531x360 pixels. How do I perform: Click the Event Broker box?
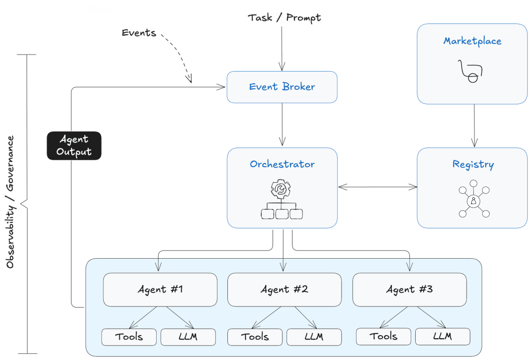pyautogui.click(x=282, y=87)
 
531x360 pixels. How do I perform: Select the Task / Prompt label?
pyautogui.click(x=284, y=18)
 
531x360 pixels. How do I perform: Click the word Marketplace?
pyautogui.click(x=472, y=41)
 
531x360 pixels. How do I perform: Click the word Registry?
pyautogui.click(x=473, y=165)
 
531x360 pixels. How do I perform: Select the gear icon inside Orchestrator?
pyautogui.click(x=282, y=189)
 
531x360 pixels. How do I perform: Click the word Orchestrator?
pyautogui.click(x=282, y=164)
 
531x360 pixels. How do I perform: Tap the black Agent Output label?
pyautogui.click(x=74, y=145)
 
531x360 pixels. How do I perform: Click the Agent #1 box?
pyautogui.click(x=160, y=289)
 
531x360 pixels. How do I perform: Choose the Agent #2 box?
pyautogui.click(x=284, y=289)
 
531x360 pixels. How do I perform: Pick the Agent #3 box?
pyautogui.click(x=409, y=289)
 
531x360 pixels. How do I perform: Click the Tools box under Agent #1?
pyautogui.click(x=129, y=337)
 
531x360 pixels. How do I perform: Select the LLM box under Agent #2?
pyautogui.click(x=314, y=337)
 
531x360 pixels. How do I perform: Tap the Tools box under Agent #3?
pyautogui.click(x=384, y=336)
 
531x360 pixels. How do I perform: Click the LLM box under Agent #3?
pyautogui.click(x=442, y=336)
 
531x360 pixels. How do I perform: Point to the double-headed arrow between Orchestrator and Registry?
pyautogui.click(x=377, y=186)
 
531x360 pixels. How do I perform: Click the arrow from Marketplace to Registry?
pyautogui.click(x=473, y=125)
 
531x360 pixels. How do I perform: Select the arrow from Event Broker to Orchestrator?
pyautogui.click(x=282, y=125)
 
